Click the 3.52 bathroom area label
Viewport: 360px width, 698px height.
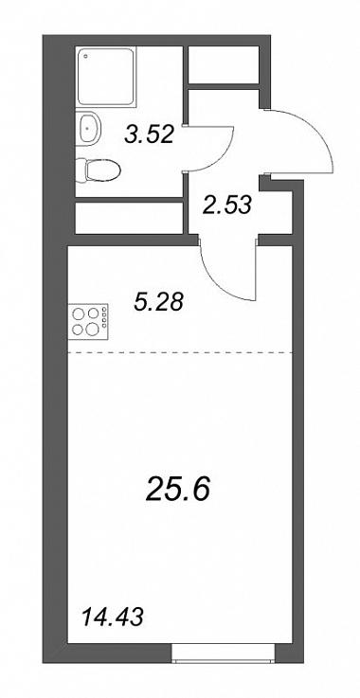tap(149, 134)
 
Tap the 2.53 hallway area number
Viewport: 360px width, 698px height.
tap(226, 206)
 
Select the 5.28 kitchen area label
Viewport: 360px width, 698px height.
tap(158, 303)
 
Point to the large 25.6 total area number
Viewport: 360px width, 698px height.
tap(177, 490)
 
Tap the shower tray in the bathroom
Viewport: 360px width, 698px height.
tap(106, 78)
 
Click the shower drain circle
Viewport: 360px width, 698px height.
tap(86, 57)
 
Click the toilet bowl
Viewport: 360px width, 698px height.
tap(103, 170)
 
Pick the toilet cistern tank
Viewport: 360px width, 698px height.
tap(81, 170)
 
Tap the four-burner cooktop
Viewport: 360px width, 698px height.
tap(88, 321)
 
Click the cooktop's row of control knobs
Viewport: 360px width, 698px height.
tap(105, 316)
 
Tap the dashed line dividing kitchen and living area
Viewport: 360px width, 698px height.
tap(180, 352)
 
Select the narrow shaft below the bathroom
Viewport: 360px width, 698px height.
tap(129, 218)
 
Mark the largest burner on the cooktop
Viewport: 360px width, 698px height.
tap(93, 330)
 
